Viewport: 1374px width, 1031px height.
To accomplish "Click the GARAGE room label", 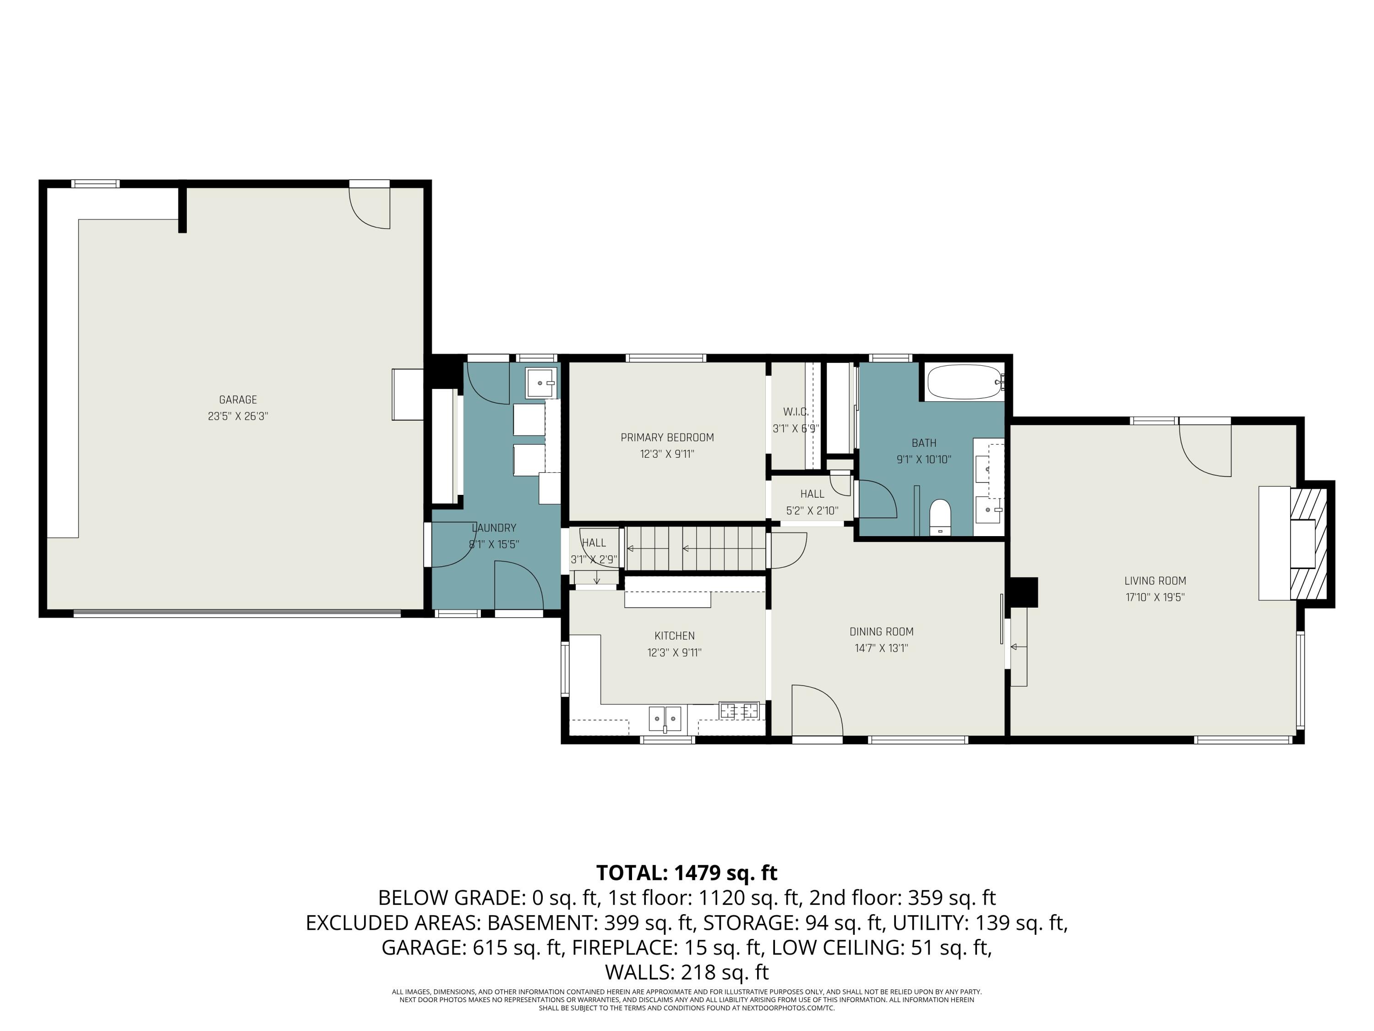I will pos(237,400).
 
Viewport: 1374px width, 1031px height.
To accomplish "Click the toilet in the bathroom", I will pos(940,516).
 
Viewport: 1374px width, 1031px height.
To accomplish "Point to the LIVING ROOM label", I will pos(1155,581).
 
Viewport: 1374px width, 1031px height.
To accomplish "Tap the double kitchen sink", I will pos(665,719).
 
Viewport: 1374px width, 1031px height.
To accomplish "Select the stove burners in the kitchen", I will pos(739,710).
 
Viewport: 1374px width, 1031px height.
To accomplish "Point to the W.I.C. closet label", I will pos(796,412).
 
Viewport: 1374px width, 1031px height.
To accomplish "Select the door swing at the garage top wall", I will pos(370,207).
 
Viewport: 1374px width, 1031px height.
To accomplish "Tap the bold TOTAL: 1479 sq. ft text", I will pos(687,872).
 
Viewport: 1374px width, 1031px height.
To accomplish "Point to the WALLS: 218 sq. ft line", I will pos(687,971).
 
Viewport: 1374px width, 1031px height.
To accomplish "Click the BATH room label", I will pos(924,443).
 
